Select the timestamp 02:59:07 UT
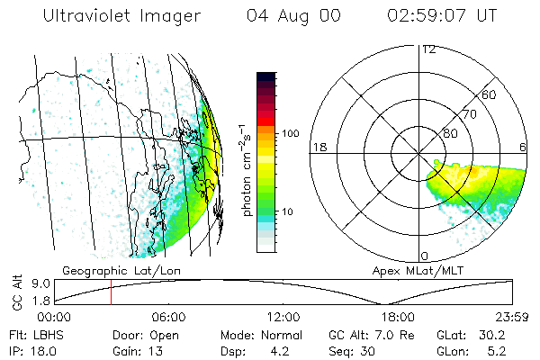pyautogui.click(x=441, y=16)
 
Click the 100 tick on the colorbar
pyautogui.click(x=291, y=133)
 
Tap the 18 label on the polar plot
pyautogui.click(x=318, y=147)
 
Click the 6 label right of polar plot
pyautogui.click(x=523, y=147)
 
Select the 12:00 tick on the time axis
pyautogui.click(x=283, y=317)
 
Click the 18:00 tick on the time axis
pyautogui.click(x=398, y=317)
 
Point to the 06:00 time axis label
pyautogui.click(x=168, y=317)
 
